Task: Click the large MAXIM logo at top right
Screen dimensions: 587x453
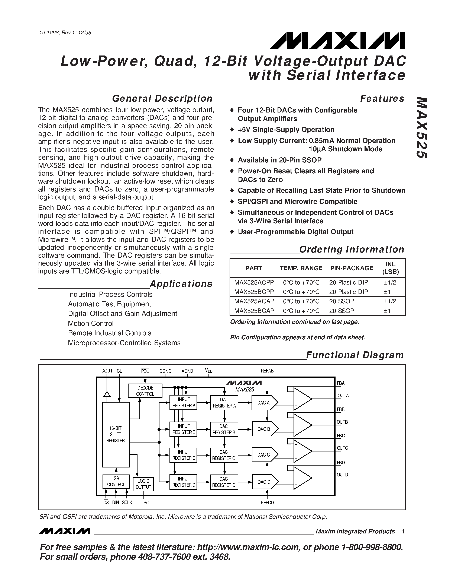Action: (x=338, y=41)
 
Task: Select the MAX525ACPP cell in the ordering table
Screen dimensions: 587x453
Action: (x=254, y=282)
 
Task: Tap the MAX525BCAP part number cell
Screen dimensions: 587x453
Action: (x=254, y=311)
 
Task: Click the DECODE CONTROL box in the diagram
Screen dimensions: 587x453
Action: (x=145, y=391)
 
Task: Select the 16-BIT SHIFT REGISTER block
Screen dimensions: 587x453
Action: (x=116, y=434)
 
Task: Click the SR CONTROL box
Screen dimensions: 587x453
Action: (x=116, y=481)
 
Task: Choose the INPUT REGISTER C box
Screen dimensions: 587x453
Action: (x=184, y=455)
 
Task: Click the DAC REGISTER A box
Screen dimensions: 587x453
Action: (x=224, y=403)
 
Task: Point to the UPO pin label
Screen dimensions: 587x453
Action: (x=145, y=503)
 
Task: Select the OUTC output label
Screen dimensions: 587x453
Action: (x=342, y=448)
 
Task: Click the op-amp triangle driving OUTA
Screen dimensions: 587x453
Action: (x=302, y=399)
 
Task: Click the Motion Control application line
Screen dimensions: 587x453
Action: (x=91, y=323)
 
